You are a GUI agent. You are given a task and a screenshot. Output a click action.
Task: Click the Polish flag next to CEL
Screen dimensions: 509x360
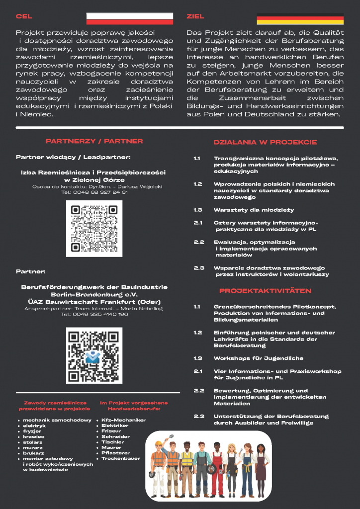(x=130, y=18)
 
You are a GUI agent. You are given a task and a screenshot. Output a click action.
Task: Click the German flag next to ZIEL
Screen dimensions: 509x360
(x=300, y=19)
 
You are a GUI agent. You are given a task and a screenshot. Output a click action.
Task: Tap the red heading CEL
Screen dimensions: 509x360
(x=24, y=16)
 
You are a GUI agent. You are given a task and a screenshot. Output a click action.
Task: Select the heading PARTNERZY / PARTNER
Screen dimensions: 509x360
(x=94, y=141)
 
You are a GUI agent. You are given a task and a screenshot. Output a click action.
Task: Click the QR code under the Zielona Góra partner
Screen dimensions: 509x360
(x=94, y=228)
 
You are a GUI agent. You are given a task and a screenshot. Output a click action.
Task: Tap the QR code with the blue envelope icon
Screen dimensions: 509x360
(x=94, y=355)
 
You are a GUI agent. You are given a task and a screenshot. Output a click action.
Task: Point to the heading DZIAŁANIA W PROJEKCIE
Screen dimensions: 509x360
(x=265, y=142)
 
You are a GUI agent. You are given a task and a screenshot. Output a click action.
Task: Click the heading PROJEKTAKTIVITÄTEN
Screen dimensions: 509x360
(x=265, y=291)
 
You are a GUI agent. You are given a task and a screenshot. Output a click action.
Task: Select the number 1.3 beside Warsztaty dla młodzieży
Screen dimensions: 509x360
(x=198, y=210)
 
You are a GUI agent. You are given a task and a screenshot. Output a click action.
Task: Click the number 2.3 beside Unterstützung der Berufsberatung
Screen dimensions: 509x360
(x=199, y=416)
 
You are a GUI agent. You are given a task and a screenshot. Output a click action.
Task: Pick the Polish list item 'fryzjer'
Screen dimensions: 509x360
(x=32, y=431)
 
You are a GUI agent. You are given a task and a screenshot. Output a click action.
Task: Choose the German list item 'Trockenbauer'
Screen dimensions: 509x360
(x=121, y=458)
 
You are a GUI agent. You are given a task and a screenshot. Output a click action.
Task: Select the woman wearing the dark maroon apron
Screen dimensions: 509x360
(x=261, y=470)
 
